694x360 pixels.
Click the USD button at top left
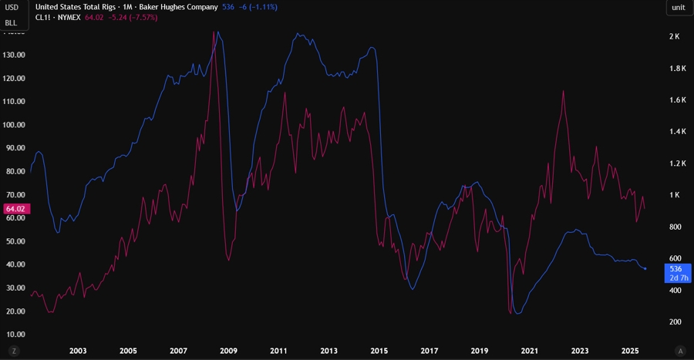12,7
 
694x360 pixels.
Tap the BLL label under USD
12,22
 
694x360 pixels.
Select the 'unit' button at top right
678,7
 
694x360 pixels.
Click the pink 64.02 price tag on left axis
15,209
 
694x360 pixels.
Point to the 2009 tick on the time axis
228,351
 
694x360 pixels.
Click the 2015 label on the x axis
379,351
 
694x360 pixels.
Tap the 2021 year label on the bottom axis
530,351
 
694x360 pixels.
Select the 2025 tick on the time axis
630,351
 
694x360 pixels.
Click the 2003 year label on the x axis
77,351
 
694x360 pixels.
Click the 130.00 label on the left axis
15,55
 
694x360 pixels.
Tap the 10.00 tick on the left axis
15,335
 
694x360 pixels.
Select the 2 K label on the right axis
674,37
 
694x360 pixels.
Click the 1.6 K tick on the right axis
678,100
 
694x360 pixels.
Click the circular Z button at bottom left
14,351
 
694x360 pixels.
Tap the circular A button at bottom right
679,351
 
